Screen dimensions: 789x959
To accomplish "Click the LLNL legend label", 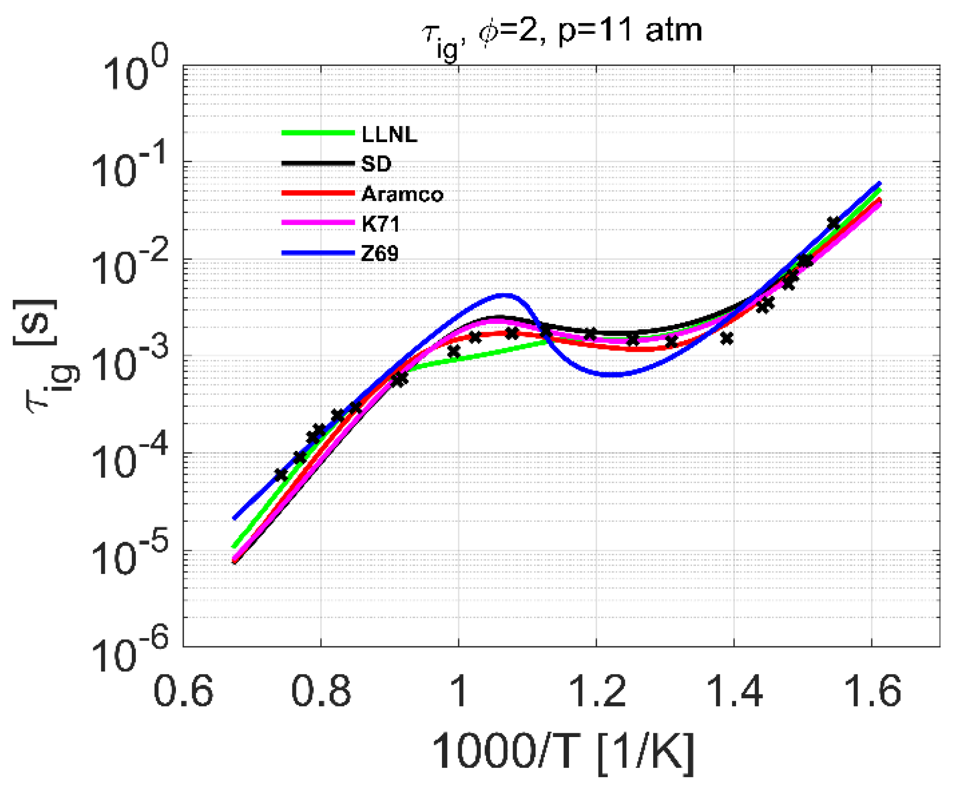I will (x=389, y=134).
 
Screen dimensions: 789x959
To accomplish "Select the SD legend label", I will (x=376, y=164).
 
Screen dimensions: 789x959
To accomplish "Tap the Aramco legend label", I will (x=402, y=194).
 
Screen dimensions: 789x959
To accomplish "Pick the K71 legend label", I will (x=380, y=223).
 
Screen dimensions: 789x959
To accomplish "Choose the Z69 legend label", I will (x=380, y=253).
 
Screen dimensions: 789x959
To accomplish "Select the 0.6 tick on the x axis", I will (x=183, y=691).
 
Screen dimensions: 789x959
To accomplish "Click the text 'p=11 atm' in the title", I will (x=630, y=30).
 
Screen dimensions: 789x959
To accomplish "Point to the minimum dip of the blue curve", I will (x=613, y=374).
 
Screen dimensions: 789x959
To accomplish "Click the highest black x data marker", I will (x=834, y=223).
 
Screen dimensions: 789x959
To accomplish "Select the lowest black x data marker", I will (x=281, y=475).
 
